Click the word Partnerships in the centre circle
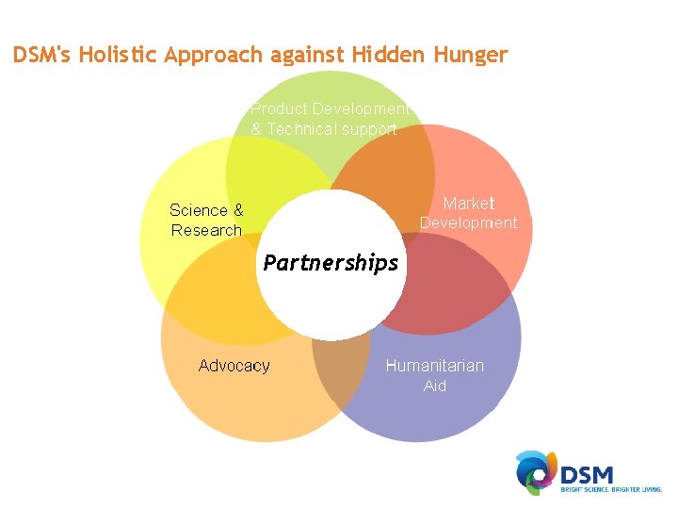(331, 263)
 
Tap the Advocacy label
(234, 366)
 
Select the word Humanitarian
(434, 366)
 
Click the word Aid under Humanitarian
(435, 386)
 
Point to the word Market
(468, 204)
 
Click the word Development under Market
(468, 223)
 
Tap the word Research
(206, 230)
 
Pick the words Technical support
(331, 129)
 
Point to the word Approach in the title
(214, 55)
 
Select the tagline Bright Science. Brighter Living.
(611, 490)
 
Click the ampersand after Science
(237, 210)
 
